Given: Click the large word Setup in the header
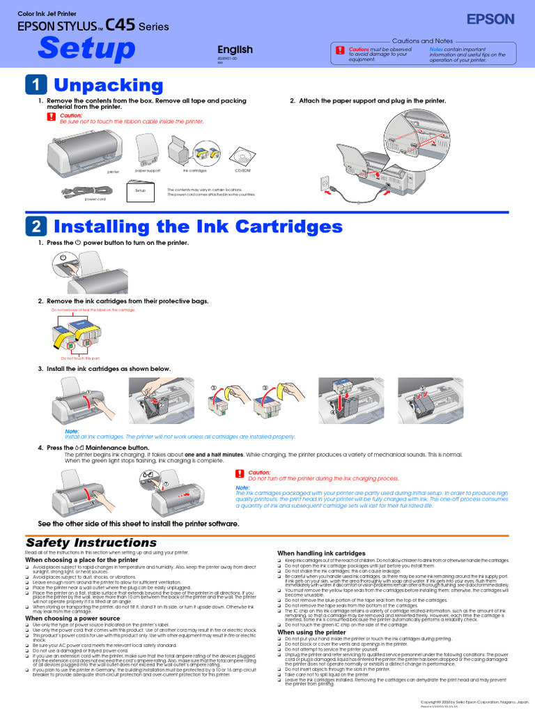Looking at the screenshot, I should coord(86,49).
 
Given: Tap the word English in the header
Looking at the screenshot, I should coord(235,50).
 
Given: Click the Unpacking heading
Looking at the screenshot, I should coord(109,85).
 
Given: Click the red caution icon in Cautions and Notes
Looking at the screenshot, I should coord(339,51).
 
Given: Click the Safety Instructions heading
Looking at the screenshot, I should coord(91,542).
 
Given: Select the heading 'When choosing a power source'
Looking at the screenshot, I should coord(72,618).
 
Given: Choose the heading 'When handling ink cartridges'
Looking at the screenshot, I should coord(321,553).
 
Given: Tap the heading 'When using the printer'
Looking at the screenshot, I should coord(311,632).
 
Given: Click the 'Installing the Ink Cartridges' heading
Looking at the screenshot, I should coord(198,227).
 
